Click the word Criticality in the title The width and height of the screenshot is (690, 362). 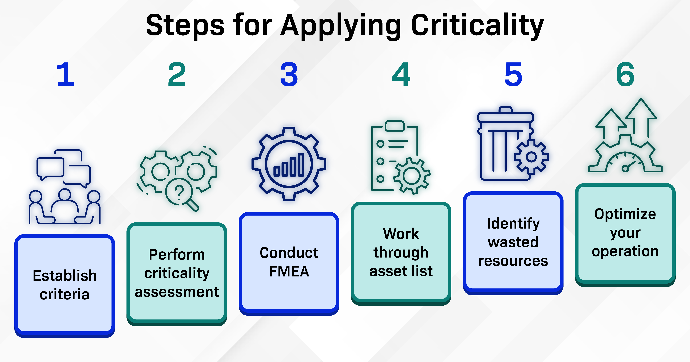[477, 25]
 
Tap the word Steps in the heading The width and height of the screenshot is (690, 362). [185, 25]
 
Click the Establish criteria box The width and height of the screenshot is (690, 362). [65, 285]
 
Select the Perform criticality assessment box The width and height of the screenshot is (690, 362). [177, 273]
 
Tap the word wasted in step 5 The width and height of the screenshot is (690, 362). [513, 242]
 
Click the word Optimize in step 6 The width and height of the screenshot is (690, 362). [625, 214]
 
